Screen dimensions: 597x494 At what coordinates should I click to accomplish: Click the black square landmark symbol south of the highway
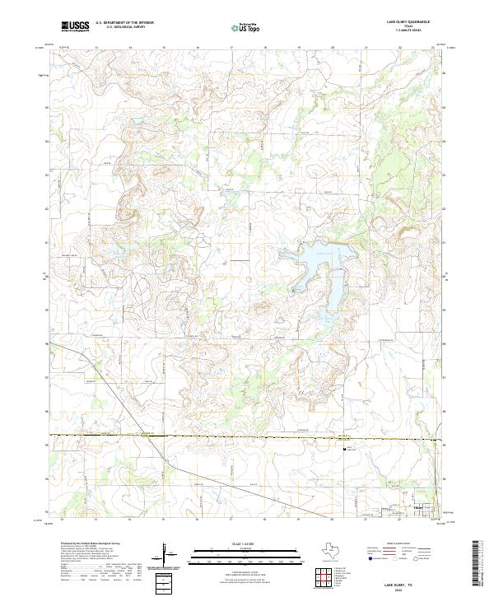345,450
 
